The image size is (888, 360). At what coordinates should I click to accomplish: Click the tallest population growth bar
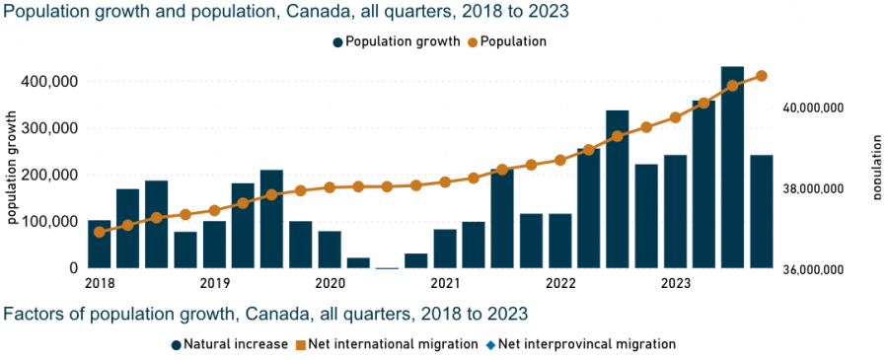(732, 167)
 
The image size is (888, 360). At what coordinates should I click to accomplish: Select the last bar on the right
(761, 211)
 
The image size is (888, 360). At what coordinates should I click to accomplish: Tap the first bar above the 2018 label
(99, 244)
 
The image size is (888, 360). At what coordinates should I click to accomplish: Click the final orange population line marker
(761, 76)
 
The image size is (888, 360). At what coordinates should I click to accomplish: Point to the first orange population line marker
(99, 232)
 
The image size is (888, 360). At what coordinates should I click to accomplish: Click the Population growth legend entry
(397, 41)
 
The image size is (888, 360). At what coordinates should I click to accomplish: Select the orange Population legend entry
(507, 41)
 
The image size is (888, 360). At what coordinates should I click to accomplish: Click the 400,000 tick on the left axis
(48, 82)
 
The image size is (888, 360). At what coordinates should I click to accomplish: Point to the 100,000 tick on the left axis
(48, 221)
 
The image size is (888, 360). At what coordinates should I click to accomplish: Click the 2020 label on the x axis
(329, 282)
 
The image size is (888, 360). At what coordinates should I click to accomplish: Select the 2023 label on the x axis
(675, 282)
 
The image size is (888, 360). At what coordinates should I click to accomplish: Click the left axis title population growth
(12, 167)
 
